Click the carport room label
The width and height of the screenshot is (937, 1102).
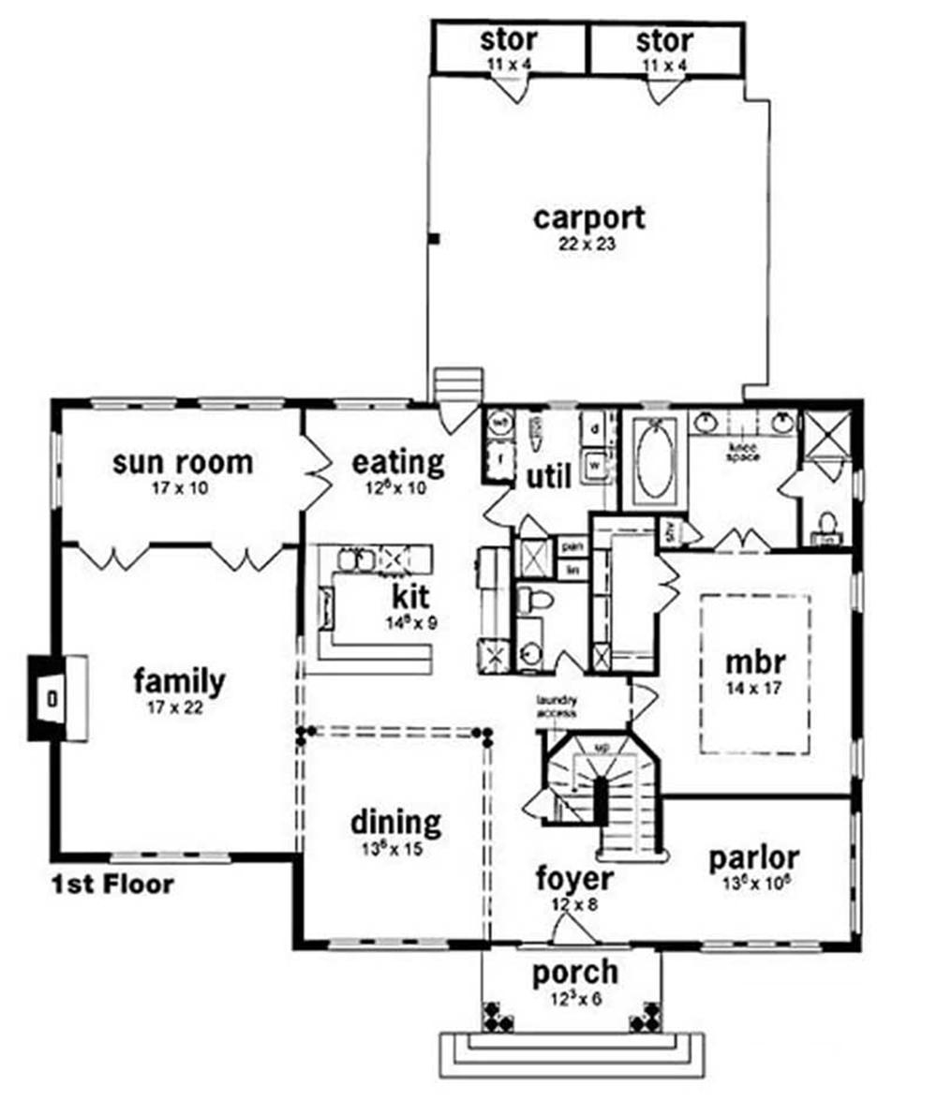tap(588, 217)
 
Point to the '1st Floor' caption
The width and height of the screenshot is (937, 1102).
tap(112, 884)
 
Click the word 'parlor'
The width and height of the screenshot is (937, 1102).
tap(753, 856)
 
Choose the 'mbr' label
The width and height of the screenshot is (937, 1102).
tap(755, 661)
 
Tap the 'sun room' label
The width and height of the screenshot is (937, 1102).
tap(182, 462)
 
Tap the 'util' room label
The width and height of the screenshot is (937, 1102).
tap(548, 477)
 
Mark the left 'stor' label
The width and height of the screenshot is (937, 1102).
tap(509, 41)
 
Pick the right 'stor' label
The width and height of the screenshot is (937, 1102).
tap(664, 41)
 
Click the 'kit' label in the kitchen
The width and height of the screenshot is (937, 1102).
tap(409, 596)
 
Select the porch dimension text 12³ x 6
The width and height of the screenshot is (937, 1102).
tap(575, 998)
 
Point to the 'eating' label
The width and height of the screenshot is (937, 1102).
tap(397, 462)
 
